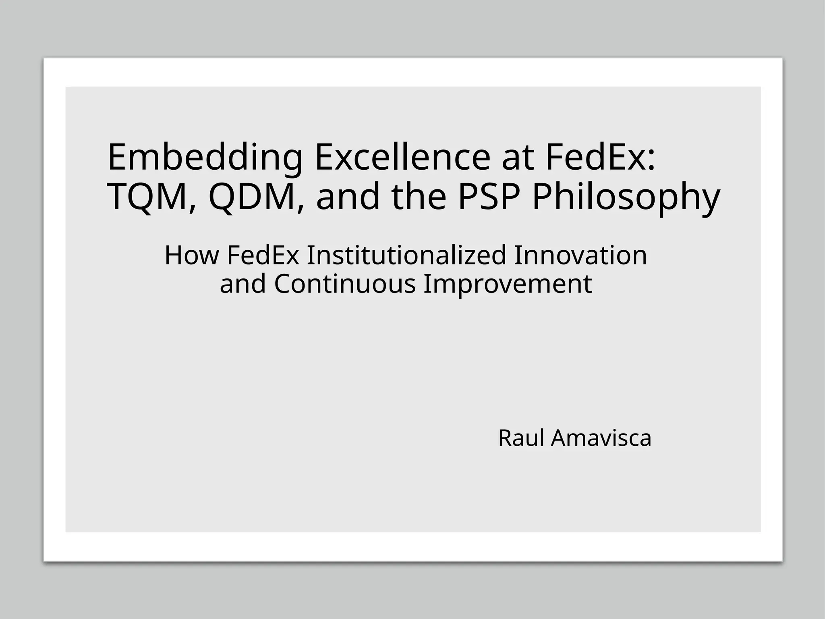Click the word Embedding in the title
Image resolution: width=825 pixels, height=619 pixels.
[x=205, y=158]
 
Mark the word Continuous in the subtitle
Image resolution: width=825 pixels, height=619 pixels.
[x=345, y=284]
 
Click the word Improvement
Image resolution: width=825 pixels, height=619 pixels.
[x=508, y=284]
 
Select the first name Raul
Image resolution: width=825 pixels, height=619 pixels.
[x=521, y=438]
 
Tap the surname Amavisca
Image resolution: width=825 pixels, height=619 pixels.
[x=601, y=438]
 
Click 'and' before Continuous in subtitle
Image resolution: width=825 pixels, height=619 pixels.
[x=243, y=284]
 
